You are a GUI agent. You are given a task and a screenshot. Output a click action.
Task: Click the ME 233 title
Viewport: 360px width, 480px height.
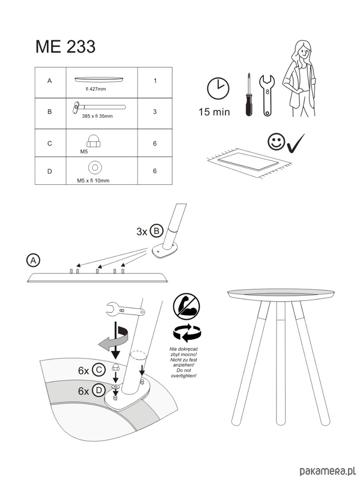[65, 46]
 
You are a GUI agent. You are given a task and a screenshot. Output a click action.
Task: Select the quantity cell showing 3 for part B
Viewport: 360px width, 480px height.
[155, 112]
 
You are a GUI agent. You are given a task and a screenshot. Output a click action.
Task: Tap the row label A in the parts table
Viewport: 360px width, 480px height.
[50, 81]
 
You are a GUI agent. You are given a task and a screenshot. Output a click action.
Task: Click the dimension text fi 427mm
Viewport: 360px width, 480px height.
[96, 89]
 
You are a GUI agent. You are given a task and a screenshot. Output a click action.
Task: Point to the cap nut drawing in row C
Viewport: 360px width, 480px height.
[94, 141]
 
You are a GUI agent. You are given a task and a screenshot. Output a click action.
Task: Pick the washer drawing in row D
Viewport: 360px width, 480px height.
[95, 168]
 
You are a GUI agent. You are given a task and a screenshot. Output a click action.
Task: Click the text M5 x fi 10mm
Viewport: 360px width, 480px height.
[93, 181]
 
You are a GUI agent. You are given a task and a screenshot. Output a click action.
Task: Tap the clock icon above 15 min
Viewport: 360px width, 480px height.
[218, 88]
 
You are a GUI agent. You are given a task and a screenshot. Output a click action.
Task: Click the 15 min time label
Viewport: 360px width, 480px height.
[214, 112]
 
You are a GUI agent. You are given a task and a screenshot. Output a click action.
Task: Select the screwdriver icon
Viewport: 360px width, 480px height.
[249, 94]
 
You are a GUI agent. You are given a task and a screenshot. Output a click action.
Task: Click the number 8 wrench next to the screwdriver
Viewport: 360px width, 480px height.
[267, 95]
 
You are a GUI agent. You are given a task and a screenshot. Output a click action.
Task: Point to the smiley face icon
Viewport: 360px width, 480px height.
[276, 142]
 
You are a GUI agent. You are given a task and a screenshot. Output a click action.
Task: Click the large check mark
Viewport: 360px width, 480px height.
[296, 143]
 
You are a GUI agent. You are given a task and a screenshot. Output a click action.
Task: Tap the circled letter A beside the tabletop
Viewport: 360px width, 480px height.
[33, 260]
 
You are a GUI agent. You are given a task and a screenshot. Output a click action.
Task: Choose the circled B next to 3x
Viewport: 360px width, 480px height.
[156, 231]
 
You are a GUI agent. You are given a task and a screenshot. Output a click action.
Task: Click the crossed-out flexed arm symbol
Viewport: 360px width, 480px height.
[186, 306]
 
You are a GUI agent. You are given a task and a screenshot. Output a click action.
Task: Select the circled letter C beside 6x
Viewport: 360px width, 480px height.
[99, 370]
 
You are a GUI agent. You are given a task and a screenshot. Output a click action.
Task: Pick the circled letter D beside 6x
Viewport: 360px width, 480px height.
[99, 390]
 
